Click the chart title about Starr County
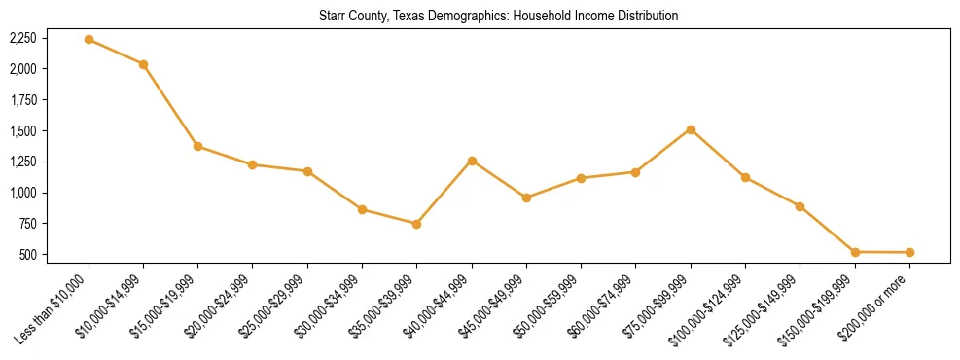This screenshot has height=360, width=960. (x=498, y=16)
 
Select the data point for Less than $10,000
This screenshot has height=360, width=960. (x=89, y=39)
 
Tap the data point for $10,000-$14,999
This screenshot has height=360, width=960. (x=143, y=64)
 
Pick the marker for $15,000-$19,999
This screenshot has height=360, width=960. (x=197, y=146)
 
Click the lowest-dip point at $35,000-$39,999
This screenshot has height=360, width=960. (x=416, y=224)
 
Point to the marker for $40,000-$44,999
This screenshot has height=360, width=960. (x=472, y=161)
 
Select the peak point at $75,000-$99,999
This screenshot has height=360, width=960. (x=691, y=129)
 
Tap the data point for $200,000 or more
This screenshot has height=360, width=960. (x=909, y=252)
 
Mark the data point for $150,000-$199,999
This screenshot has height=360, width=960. (x=855, y=252)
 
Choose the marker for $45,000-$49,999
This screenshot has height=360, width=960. (x=526, y=198)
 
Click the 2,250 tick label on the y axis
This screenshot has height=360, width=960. (x=22, y=38)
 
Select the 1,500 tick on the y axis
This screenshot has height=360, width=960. (x=22, y=131)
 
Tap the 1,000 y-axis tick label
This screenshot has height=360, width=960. (x=22, y=193)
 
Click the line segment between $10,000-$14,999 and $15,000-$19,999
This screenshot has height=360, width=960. (x=170, y=105)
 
